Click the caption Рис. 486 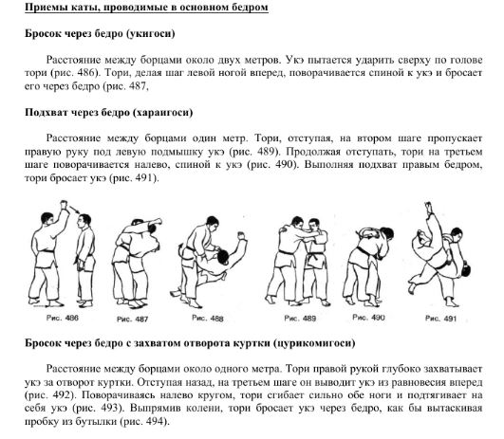pos(63,318)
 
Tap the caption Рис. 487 pos(132,320)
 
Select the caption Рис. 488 pos(208,318)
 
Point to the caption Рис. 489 pos(300,319)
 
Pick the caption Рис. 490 pos(368,318)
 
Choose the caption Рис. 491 pos(440,319)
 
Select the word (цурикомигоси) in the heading pos(314,343)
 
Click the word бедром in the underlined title pos(251,7)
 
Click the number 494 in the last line pos(156,421)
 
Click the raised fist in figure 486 pos(64,204)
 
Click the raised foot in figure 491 pos(428,206)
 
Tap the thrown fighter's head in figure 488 pos(223,256)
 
